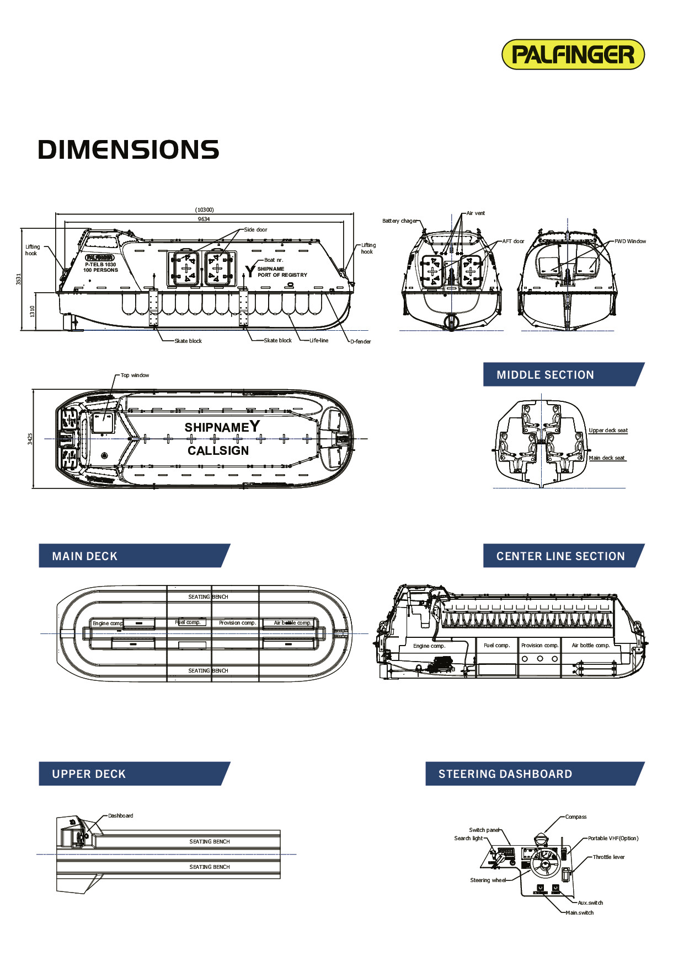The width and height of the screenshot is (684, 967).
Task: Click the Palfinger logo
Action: coord(573,55)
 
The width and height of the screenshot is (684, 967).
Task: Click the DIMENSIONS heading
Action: coord(129,150)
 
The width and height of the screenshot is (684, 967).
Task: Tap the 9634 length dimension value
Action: coord(204,219)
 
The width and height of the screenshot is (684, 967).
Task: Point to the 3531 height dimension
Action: coord(19,279)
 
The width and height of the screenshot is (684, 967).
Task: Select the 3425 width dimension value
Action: coord(30,439)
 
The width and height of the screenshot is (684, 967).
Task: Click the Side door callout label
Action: coord(255,229)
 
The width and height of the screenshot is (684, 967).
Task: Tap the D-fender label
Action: coord(361,342)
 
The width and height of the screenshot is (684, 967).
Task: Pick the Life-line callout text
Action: coord(319,341)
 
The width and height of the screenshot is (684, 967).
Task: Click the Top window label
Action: coord(135,375)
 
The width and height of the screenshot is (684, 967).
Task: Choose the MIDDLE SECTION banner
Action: coord(563,375)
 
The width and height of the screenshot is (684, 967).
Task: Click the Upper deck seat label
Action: coord(608,431)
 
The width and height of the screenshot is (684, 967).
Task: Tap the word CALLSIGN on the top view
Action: coord(218,451)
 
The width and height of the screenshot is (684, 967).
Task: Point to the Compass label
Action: coord(576,817)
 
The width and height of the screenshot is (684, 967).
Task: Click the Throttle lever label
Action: coord(608,857)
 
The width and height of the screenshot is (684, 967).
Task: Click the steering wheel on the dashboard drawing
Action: coord(545,863)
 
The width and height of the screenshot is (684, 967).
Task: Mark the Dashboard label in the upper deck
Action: coord(120,816)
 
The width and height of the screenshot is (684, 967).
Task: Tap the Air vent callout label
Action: coord(475,213)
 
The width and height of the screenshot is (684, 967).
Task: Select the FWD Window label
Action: coord(630,241)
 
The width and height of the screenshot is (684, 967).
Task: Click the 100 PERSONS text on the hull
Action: coord(100,270)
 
